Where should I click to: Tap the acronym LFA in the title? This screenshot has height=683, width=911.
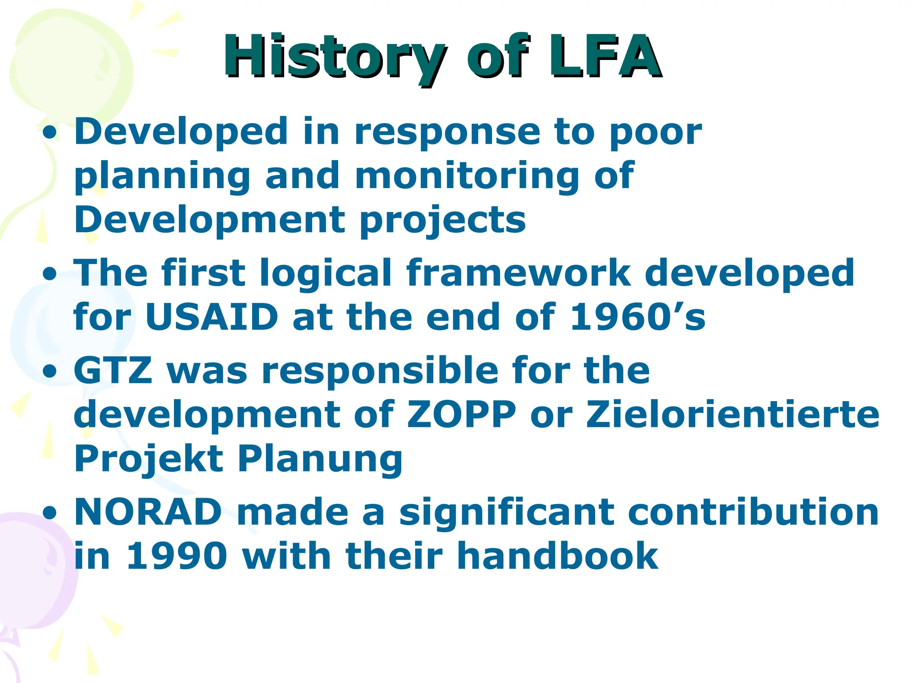tap(605, 57)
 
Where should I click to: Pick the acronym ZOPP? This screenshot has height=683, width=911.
tap(461, 414)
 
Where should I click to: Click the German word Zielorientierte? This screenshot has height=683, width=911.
tap(732, 414)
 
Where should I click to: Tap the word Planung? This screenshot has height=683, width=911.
tap(320, 459)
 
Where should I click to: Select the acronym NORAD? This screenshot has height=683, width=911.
tap(148, 512)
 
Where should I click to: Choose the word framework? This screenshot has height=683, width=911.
tap(518, 273)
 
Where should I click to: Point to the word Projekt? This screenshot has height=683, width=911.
tap(149, 459)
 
